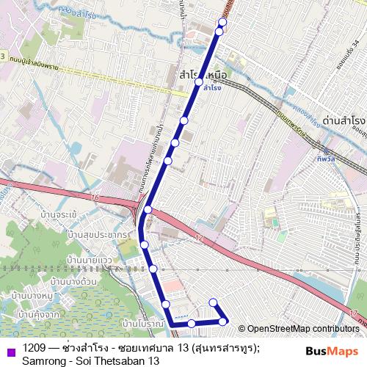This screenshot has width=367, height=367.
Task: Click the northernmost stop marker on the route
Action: (222, 22)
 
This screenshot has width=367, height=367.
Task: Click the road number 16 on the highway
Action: (95, 199)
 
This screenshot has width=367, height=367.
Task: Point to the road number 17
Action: (354, 313)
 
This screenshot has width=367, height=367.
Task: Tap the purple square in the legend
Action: (10, 351)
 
